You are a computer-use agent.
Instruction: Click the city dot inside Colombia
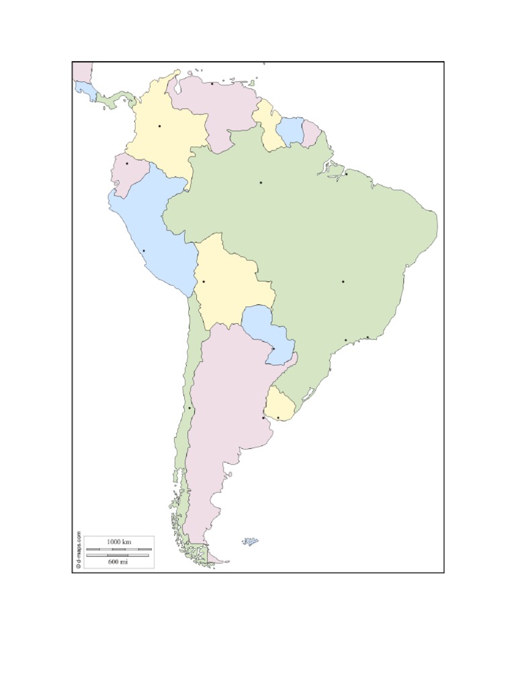159,126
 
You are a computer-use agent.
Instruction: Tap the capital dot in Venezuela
212,84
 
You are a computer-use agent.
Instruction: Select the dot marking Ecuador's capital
127,163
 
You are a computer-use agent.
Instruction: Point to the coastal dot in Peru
143,251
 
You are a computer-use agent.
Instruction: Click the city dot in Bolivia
204,282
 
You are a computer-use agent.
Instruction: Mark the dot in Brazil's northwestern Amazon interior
261,182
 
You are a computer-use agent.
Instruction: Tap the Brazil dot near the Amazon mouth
346,174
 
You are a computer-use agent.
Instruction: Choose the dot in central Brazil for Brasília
343,282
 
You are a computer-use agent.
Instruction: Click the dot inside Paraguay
273,349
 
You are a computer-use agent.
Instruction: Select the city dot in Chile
189,408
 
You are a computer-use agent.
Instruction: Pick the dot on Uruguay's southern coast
278,418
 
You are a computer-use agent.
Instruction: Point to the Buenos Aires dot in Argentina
263,418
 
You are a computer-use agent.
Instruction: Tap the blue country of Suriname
291,130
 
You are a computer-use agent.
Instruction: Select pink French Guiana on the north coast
311,133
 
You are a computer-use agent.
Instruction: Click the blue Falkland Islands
251,541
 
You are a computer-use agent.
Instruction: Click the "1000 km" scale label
118,542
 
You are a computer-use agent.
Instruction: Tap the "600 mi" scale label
118,561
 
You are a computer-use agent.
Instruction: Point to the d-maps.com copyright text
78,550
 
